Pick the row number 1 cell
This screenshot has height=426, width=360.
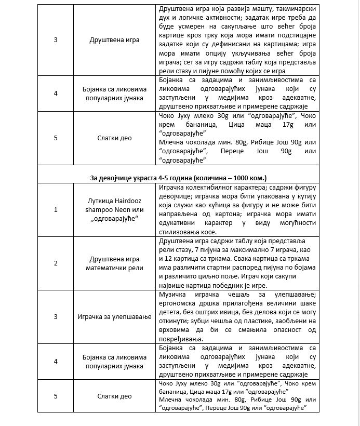(x=55, y=209)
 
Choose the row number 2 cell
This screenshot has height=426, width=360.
(x=55, y=263)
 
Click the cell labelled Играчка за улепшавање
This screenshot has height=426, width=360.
(x=114, y=316)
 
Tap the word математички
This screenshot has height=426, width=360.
(x=115, y=267)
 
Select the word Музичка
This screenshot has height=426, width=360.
(x=171, y=295)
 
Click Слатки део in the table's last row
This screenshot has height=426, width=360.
(x=114, y=396)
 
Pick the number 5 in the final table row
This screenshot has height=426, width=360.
(x=55, y=396)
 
